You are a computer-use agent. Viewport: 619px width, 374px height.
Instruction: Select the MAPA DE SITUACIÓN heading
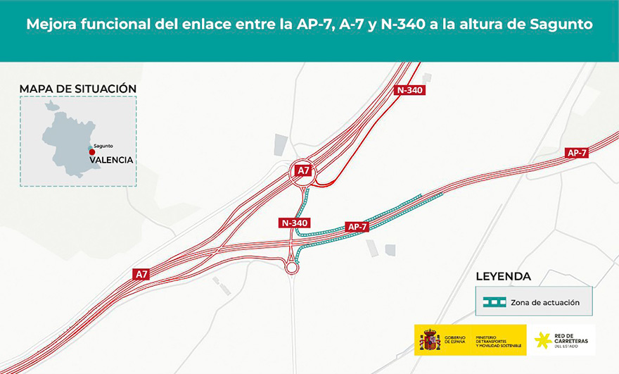pyautogui.click(x=78, y=88)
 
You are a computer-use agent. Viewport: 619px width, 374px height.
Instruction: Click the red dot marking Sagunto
pyautogui.click(x=91, y=151)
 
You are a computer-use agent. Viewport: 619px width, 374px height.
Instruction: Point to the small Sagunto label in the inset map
pyautogui.click(x=103, y=146)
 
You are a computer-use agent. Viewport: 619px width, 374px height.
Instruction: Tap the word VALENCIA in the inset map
pyautogui.click(x=111, y=160)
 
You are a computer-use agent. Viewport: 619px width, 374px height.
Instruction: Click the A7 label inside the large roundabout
pyautogui.click(x=303, y=170)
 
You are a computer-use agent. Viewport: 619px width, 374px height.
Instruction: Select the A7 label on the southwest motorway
pyautogui.click(x=142, y=274)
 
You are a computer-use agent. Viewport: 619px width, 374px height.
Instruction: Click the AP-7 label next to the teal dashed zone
pyautogui.click(x=357, y=227)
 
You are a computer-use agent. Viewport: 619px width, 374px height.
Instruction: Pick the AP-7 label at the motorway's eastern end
pyautogui.click(x=577, y=153)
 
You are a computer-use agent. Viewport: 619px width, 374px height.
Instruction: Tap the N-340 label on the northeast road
pyautogui.click(x=410, y=90)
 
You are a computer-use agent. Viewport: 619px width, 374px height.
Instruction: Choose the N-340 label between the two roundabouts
pyautogui.click(x=295, y=223)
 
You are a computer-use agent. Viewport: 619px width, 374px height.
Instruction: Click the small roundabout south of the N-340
pyautogui.click(x=292, y=267)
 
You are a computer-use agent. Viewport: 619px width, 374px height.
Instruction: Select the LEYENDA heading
pyautogui.click(x=504, y=276)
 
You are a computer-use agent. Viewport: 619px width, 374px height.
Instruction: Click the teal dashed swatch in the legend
pyautogui.click(x=494, y=302)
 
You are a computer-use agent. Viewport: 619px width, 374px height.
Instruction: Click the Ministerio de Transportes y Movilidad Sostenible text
pyautogui.click(x=499, y=341)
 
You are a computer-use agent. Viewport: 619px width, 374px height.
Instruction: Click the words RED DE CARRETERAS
pyautogui.click(x=570, y=339)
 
